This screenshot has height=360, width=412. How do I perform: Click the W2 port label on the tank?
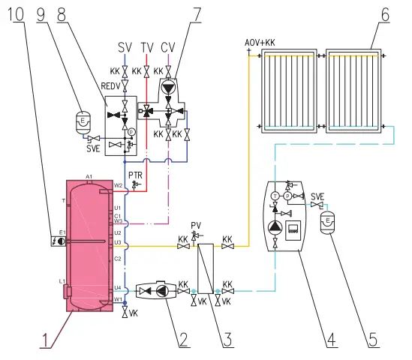coord(118,185)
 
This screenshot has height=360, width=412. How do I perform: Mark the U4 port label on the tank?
coord(117,287)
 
